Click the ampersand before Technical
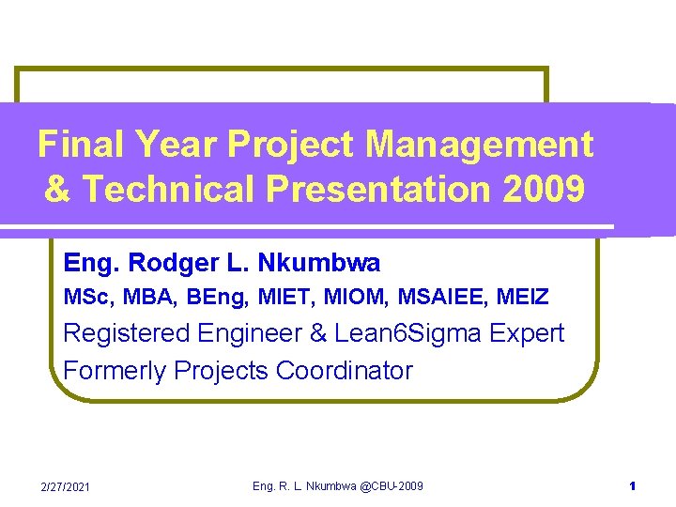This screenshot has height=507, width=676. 57,189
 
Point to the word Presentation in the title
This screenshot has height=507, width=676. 378,189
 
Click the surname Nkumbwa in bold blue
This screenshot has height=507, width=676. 318,262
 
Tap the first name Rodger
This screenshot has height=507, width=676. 174,264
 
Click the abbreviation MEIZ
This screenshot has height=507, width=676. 523,297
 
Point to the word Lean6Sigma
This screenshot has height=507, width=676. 407,334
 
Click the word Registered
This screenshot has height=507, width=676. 127,334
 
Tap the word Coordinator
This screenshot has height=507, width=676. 344,370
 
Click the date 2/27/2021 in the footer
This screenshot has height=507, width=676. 65,486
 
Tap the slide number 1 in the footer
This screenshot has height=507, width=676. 633,486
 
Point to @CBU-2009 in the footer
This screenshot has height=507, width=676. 391,486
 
